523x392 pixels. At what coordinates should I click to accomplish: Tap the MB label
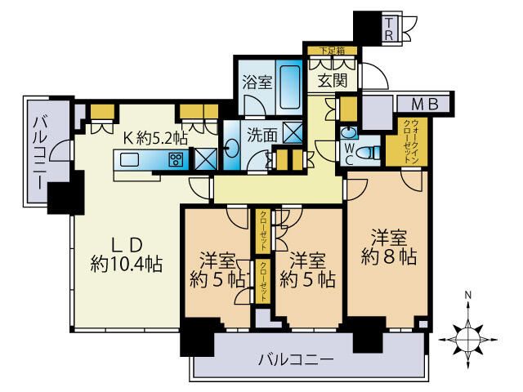pyautogui.click(x=424, y=104)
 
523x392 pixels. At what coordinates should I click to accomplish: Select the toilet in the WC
pyautogui.click(x=369, y=151)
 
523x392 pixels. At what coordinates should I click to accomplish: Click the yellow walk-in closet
pyautogui.click(x=401, y=143)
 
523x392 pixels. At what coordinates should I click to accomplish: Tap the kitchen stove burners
pyautogui.click(x=176, y=159)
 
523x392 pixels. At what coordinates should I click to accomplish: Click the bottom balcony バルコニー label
pyautogui.click(x=295, y=359)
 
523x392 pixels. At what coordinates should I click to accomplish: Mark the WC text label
pyautogui.click(x=348, y=152)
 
